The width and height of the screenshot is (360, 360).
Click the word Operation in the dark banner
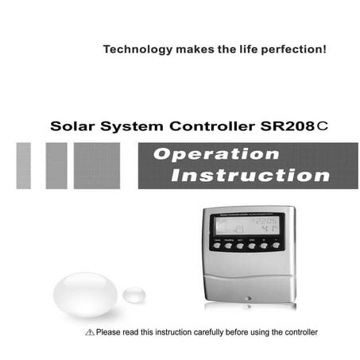pos(216,154)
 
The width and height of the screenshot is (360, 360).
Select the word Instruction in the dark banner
pos(239,175)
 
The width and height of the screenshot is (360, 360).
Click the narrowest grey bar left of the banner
pos(24,165)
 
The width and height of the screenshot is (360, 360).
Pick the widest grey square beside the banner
pos(97,165)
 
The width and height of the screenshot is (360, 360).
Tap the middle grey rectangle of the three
pos(56,165)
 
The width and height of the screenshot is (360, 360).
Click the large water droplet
pos(85,294)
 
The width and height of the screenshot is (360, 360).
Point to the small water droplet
pos(134,294)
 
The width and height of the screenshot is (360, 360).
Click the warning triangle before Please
pos(88,331)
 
